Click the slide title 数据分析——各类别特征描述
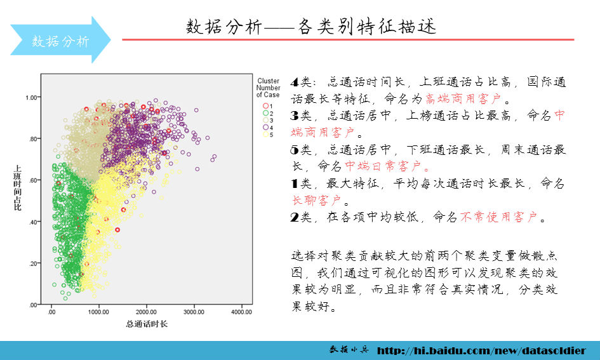click(311, 27)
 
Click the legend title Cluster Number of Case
click(268, 88)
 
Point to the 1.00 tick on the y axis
click(30, 97)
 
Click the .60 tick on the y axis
click(32, 180)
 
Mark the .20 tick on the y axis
click(32, 263)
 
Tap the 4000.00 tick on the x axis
click(241, 312)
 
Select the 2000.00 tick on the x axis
click(146, 312)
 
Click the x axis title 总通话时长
click(147, 324)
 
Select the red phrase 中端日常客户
click(386, 167)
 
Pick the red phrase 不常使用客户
click(498, 218)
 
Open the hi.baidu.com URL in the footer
click(481, 350)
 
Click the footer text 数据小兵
click(349, 350)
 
